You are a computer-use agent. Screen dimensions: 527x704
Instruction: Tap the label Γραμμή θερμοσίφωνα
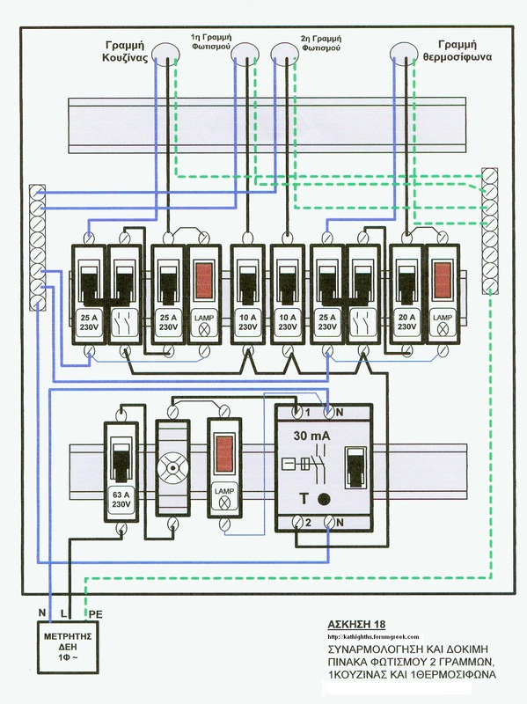click(x=457, y=50)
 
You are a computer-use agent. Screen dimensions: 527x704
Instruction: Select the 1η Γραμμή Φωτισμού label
click(x=210, y=40)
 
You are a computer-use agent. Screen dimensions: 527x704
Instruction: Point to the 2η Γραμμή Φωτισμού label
click(x=321, y=42)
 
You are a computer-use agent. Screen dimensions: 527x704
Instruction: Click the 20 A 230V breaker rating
click(x=406, y=322)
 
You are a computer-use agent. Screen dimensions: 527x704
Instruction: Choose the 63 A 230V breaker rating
click(x=121, y=499)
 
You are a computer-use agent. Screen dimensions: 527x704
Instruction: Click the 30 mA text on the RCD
click(x=311, y=435)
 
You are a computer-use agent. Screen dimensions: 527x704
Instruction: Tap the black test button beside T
click(x=324, y=499)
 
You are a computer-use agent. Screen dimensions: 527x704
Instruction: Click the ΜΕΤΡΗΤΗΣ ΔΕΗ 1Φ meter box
click(x=68, y=647)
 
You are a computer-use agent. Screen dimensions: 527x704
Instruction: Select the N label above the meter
click(x=42, y=612)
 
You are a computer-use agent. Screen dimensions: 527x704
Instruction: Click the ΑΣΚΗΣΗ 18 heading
click(x=356, y=624)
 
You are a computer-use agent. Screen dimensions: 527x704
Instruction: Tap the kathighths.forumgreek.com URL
click(x=373, y=636)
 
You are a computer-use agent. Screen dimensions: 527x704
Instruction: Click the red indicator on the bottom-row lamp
click(x=223, y=454)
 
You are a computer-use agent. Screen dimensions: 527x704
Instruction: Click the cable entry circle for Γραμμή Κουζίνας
click(x=165, y=53)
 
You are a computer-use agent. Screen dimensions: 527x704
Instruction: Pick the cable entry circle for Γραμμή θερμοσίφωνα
click(x=404, y=53)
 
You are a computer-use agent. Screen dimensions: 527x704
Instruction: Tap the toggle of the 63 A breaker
click(x=121, y=462)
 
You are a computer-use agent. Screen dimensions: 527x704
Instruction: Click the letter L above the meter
click(x=62, y=612)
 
